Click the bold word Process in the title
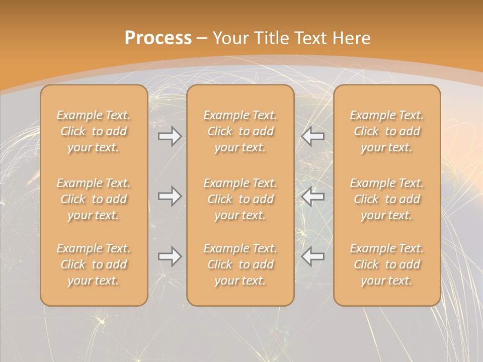coord(158,38)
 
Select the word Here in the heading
coord(352,38)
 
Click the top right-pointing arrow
coord(170,136)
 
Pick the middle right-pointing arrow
coord(170,196)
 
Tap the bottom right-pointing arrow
coord(170,256)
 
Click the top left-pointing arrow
coord(313,136)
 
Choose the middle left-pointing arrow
coord(313,196)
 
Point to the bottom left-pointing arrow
coord(313,256)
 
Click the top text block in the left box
coord(94,131)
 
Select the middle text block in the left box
coord(94,199)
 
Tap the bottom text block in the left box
coord(94,264)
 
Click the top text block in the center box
coord(240,131)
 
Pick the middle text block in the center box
coord(240,199)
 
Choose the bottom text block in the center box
coord(240,264)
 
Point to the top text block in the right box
coord(387,131)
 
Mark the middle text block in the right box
coord(387,199)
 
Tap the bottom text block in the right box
coord(387,264)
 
